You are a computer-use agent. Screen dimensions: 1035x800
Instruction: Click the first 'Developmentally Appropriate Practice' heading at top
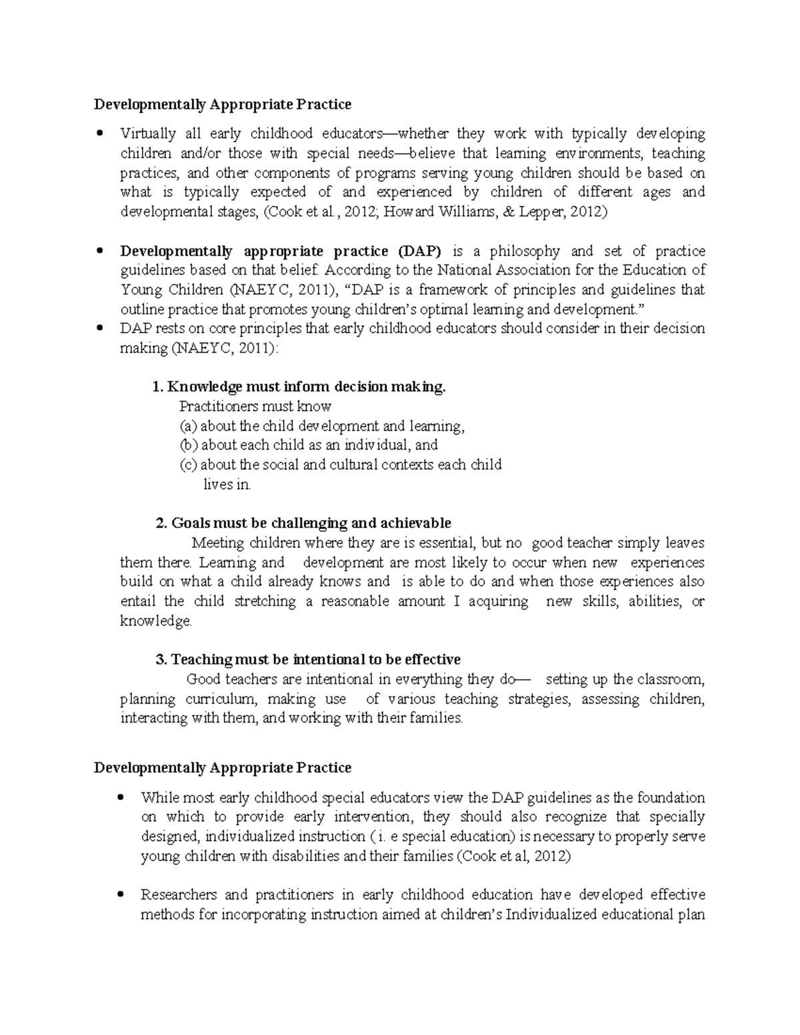pyautogui.click(x=222, y=105)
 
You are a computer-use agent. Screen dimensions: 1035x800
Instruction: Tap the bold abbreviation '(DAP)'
pyautogui.click(x=419, y=251)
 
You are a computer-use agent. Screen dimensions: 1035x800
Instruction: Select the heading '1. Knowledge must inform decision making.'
pyautogui.click(x=298, y=387)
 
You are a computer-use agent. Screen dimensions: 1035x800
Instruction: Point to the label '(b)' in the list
pyautogui.click(x=189, y=445)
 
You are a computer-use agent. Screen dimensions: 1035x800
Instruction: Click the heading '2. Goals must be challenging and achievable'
pyautogui.click(x=303, y=523)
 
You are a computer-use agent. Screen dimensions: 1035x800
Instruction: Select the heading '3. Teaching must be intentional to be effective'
pyautogui.click(x=307, y=660)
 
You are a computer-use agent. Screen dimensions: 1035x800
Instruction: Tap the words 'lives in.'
pyautogui.click(x=227, y=485)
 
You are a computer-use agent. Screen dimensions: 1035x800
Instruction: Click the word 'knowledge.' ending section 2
pyautogui.click(x=156, y=621)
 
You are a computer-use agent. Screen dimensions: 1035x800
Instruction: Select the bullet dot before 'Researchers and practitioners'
pyautogui.click(x=120, y=894)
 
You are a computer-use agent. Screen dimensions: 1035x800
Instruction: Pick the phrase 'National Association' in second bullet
pyautogui.click(x=498, y=271)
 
